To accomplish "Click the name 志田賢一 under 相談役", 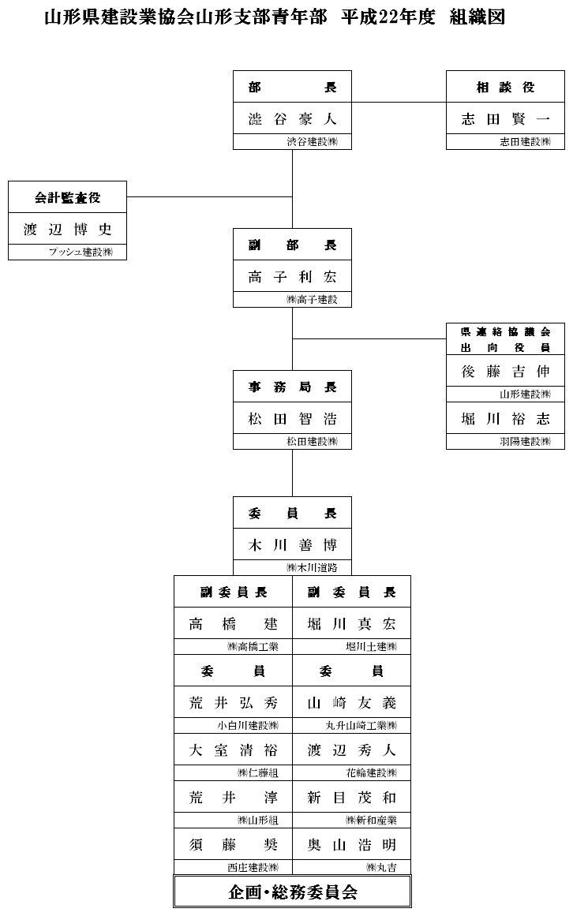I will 505,119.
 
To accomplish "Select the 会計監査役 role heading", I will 67,197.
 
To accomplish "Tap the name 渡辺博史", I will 67,230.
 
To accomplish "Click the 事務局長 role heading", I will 292,387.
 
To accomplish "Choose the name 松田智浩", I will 292,419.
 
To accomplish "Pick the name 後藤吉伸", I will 505,372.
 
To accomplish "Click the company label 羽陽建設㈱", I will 526,442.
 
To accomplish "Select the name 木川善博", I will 292,545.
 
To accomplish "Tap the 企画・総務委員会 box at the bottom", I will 293,892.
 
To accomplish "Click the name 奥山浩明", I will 351,845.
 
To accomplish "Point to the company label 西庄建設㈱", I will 253,868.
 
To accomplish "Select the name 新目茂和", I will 351,798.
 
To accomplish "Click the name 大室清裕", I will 234,750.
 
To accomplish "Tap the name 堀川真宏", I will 351,624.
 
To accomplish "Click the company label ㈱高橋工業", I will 253,647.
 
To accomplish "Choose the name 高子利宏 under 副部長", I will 292,277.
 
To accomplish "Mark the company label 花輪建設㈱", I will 371,773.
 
